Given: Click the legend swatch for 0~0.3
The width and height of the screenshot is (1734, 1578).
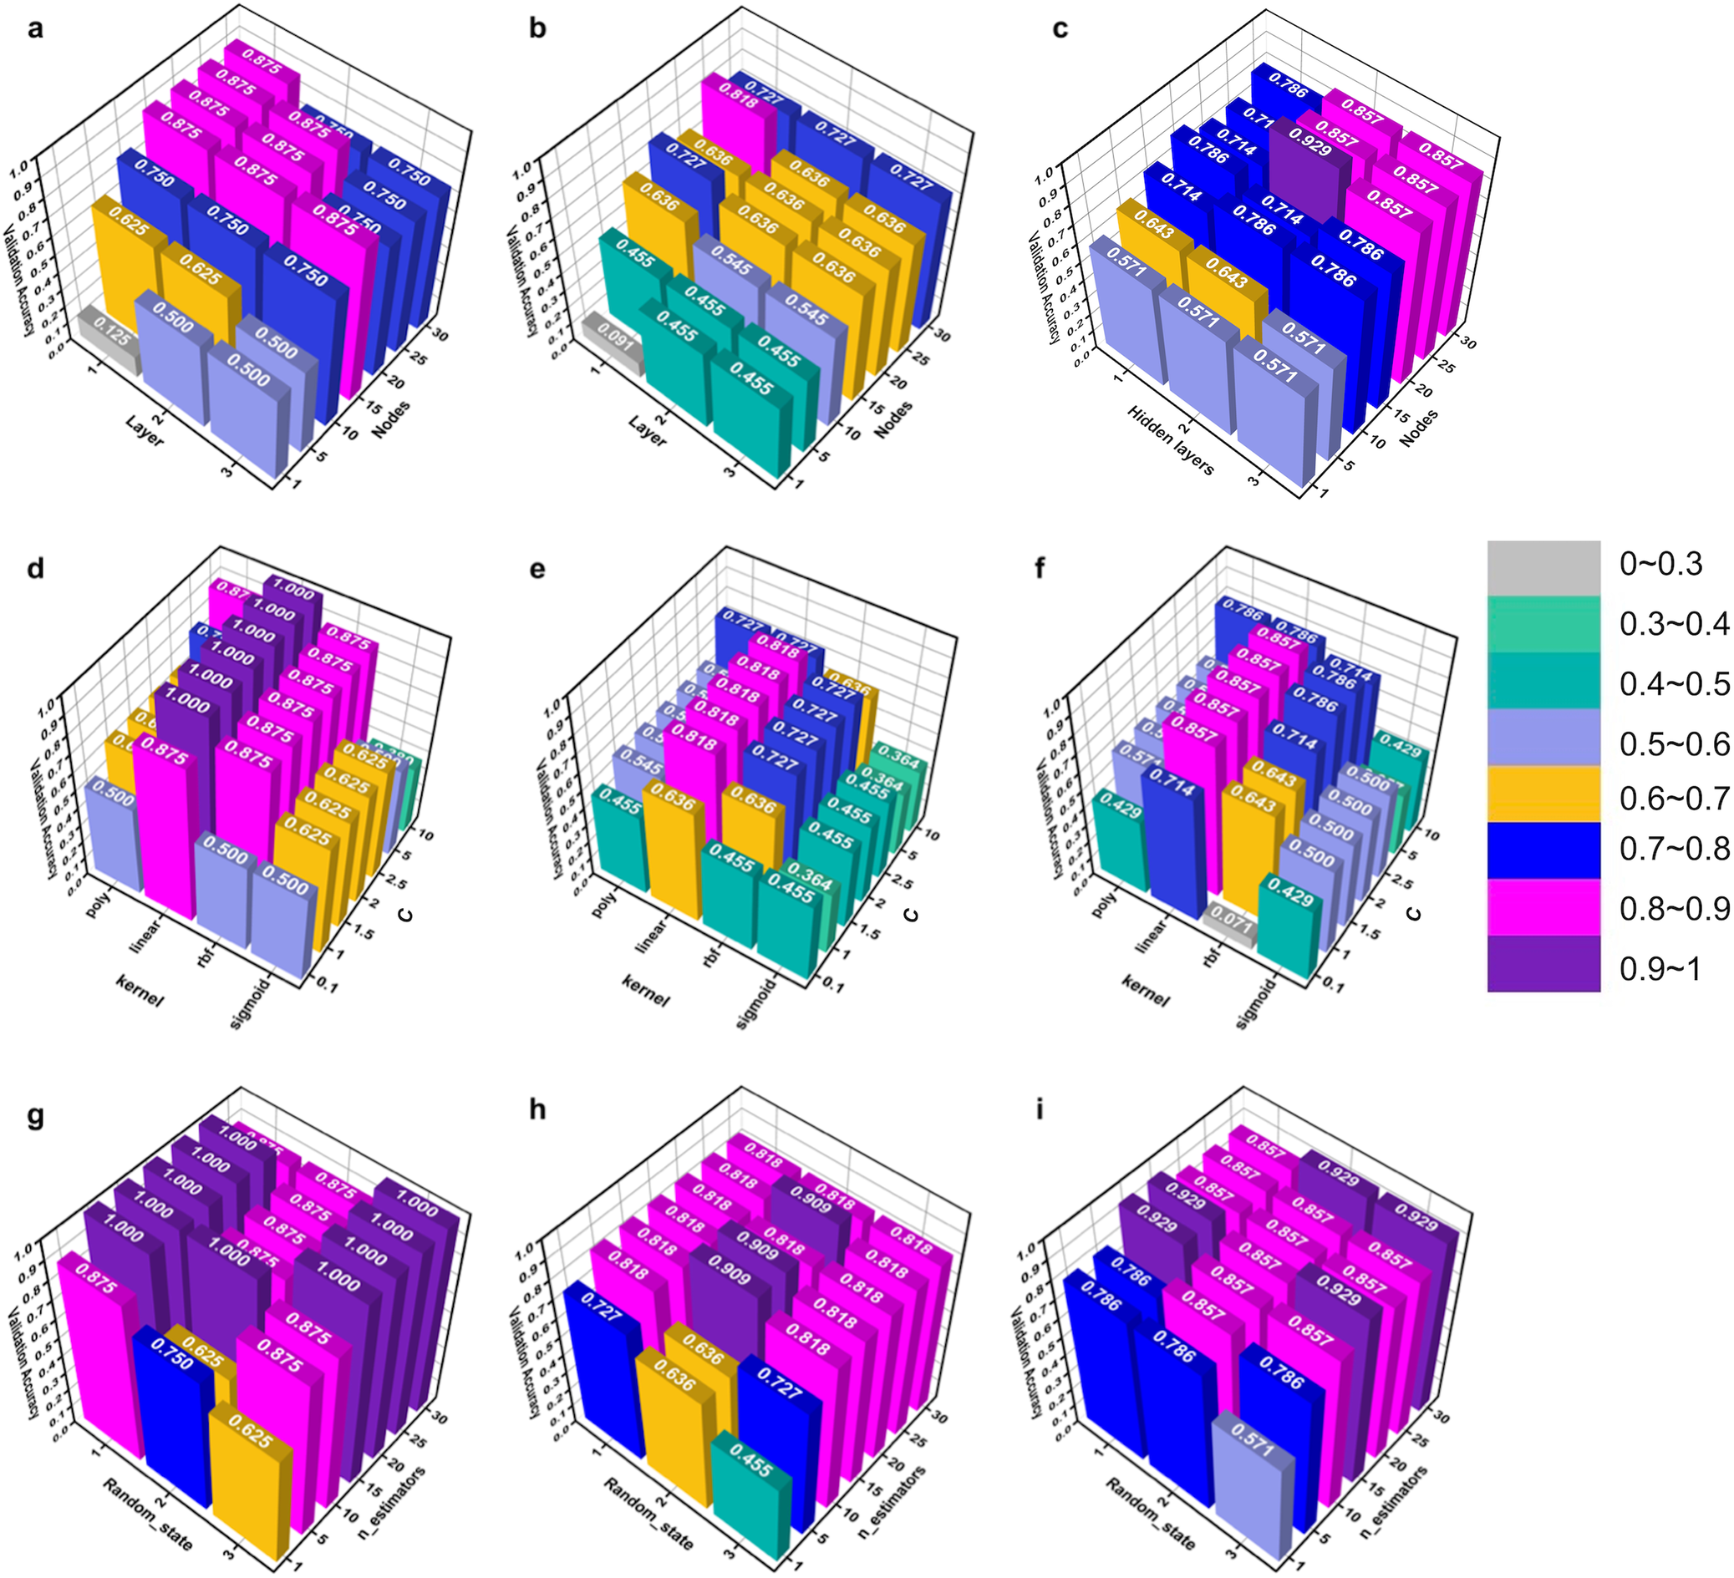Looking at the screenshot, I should [x=1544, y=567].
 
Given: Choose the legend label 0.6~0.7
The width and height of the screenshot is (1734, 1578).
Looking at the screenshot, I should [x=1673, y=798].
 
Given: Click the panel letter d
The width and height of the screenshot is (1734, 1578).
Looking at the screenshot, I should [x=35, y=568].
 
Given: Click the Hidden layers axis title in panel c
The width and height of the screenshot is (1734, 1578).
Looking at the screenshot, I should [x=1170, y=440].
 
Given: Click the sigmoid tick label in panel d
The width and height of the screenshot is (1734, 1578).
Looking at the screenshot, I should [x=252, y=1002].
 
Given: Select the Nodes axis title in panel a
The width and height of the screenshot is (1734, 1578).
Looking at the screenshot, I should [x=391, y=419].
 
